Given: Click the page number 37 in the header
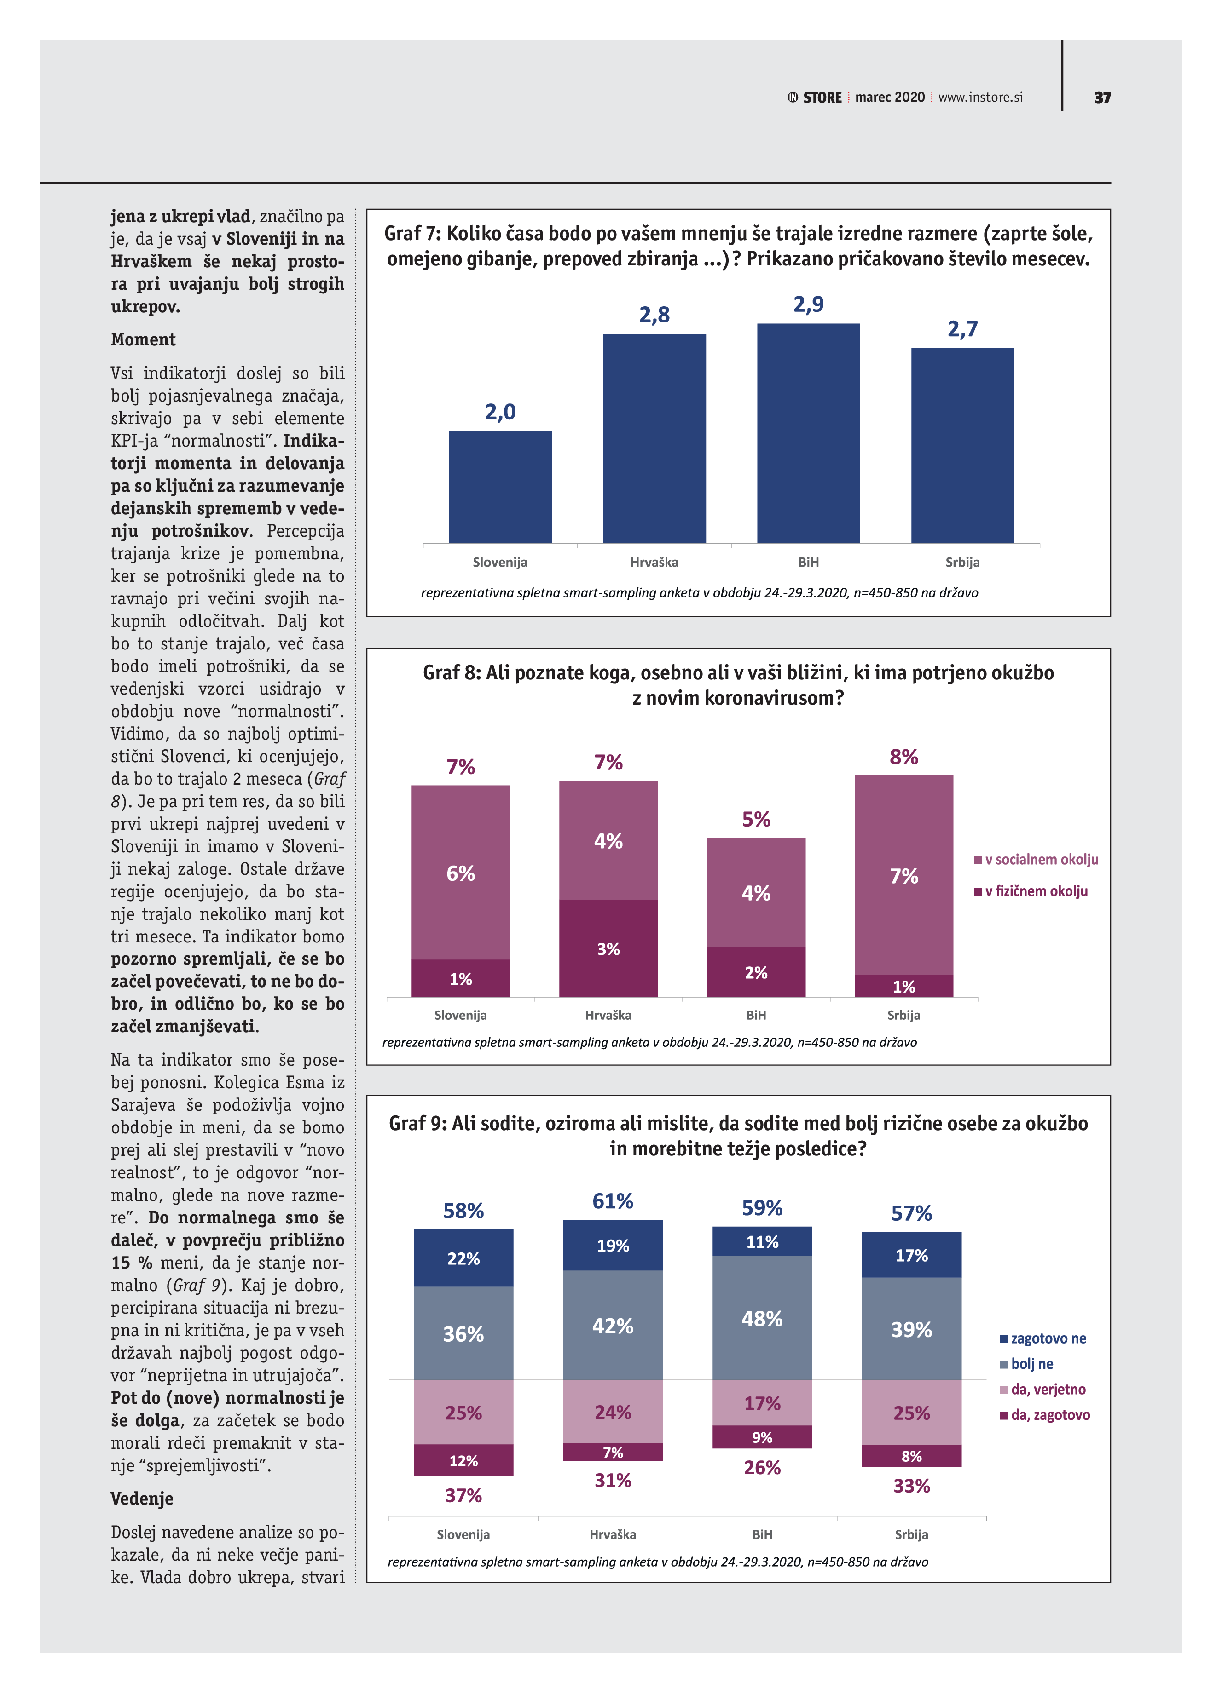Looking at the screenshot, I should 1102,98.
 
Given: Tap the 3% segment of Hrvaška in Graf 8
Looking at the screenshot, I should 608,948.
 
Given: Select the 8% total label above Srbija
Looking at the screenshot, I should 903,758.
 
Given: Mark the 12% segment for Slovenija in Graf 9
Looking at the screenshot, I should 463,1460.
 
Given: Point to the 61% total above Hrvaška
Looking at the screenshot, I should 613,1202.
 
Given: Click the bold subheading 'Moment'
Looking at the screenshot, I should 143,340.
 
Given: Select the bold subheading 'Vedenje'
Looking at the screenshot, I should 142,1499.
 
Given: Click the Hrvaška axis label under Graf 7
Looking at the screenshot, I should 654,563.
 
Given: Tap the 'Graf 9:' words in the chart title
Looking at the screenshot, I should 417,1124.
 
